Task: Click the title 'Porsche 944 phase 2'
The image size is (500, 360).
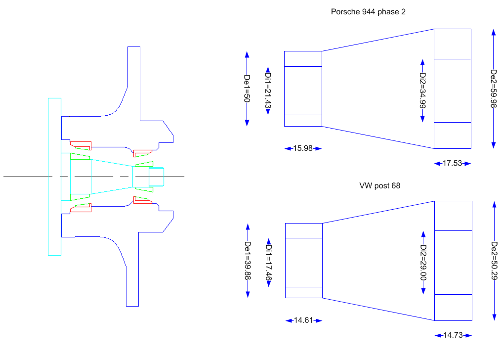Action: click(x=368, y=11)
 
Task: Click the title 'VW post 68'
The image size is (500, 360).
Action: click(x=380, y=186)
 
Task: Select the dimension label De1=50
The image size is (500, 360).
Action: click(x=247, y=89)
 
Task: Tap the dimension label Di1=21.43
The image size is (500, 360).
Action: click(x=268, y=91)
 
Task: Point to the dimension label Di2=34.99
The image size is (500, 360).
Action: click(x=422, y=90)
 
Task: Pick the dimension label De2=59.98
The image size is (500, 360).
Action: click(x=493, y=88)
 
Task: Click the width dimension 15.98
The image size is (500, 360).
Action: click(x=303, y=148)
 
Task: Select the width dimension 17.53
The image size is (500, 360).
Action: click(x=453, y=163)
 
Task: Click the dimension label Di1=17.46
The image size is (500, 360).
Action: click(x=269, y=263)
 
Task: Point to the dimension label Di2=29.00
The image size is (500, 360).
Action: click(x=423, y=263)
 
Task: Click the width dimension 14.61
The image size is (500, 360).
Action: click(x=303, y=320)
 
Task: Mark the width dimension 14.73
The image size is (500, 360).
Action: click(x=453, y=335)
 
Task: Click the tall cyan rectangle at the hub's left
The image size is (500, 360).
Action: click(x=54, y=177)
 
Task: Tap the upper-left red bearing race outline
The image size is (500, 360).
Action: click(x=82, y=145)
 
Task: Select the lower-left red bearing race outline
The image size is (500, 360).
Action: click(x=82, y=209)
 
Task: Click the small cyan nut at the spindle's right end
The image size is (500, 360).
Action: click(x=156, y=177)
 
